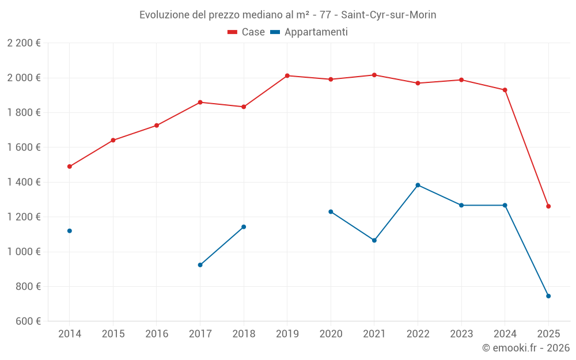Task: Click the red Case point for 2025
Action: (x=548, y=206)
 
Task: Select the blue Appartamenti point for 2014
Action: (x=70, y=231)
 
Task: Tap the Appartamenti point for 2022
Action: (x=418, y=185)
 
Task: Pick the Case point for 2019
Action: (x=287, y=75)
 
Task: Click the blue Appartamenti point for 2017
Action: (x=200, y=265)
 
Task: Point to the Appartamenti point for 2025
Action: (x=548, y=296)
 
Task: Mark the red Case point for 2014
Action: (x=70, y=166)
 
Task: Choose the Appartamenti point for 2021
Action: (x=374, y=240)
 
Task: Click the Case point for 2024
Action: (x=505, y=90)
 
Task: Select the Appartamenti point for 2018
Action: (x=244, y=227)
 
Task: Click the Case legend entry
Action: (x=247, y=32)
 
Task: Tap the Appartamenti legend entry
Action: (x=309, y=32)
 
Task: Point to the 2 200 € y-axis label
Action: (x=24, y=43)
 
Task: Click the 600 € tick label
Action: (x=27, y=321)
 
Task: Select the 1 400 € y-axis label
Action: (x=24, y=182)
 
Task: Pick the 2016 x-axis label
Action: (x=157, y=334)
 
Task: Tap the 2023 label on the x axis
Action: (x=461, y=334)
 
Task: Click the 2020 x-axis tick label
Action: (x=331, y=334)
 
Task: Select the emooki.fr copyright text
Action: (x=525, y=348)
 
